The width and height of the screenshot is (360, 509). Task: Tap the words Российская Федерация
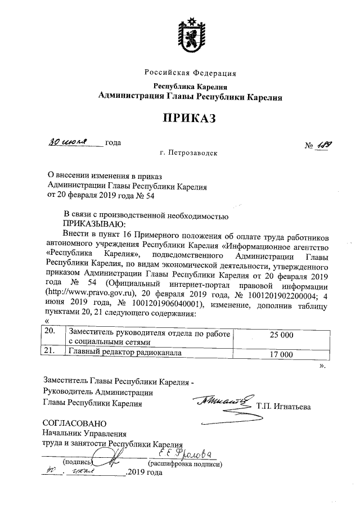(x=190, y=74)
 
